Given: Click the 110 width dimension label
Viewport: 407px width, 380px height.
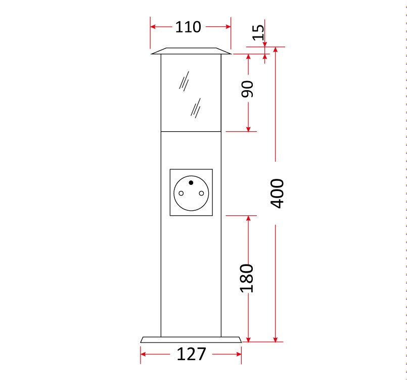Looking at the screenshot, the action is (188, 27).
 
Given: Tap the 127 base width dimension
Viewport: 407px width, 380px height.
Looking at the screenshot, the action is (191, 354).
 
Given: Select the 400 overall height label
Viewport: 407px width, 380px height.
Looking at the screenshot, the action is (277, 193).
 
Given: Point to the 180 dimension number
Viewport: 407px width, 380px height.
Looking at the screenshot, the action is (246, 278).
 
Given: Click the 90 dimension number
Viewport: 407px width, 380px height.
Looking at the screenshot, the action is (247, 89).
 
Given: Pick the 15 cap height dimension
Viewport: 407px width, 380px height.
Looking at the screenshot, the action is (258, 32).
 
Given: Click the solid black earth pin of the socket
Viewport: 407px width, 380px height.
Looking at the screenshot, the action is (191, 182).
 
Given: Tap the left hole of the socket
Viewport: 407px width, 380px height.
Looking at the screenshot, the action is (181, 193).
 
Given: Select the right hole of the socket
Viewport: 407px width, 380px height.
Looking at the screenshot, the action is (201, 193).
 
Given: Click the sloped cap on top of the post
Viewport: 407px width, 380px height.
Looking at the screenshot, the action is (191, 51).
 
